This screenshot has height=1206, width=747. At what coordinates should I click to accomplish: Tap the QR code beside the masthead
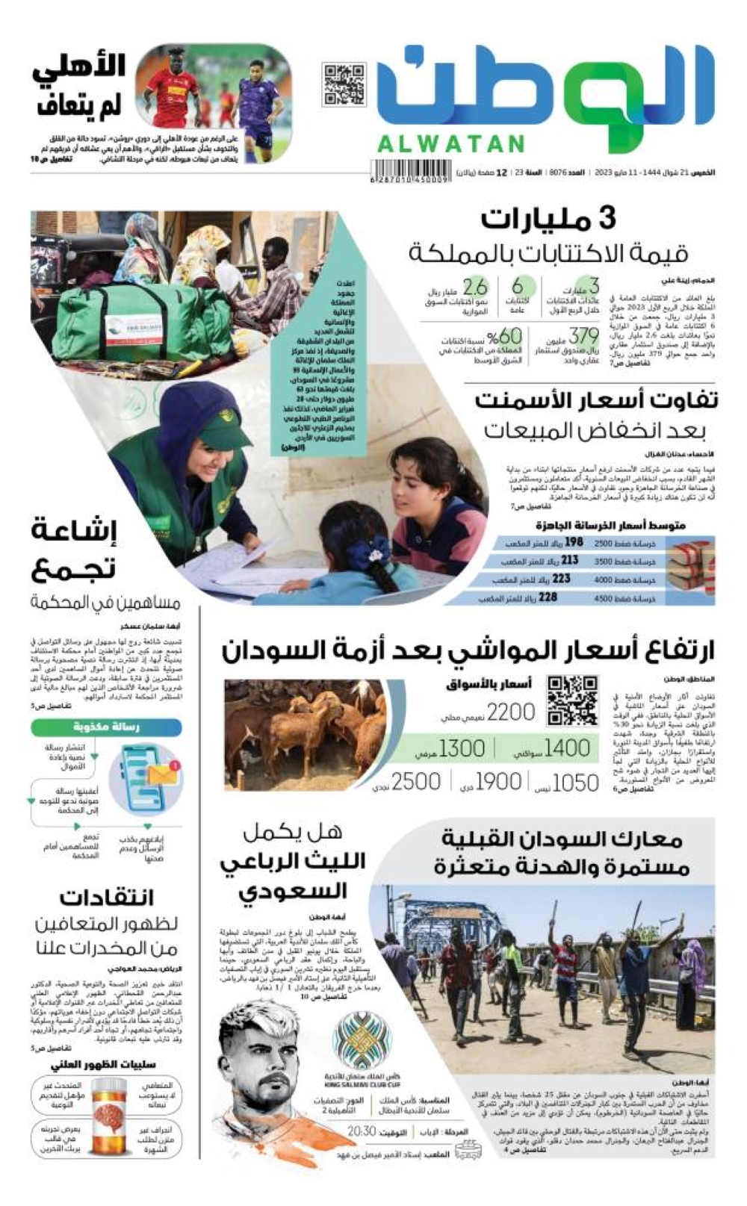click(344, 85)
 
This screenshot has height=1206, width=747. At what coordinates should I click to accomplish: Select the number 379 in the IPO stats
click(583, 336)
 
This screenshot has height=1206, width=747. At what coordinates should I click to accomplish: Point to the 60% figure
click(505, 337)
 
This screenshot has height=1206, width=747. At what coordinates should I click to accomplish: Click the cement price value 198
click(574, 542)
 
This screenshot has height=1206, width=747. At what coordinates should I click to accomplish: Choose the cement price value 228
click(548, 597)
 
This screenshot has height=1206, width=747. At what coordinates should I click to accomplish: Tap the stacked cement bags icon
click(690, 568)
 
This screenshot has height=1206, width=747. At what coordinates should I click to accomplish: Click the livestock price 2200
click(511, 712)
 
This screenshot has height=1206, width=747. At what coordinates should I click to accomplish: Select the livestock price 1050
click(575, 783)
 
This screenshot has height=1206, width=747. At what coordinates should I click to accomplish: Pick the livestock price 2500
click(415, 782)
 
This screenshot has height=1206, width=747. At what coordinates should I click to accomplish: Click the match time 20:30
click(362, 1131)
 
